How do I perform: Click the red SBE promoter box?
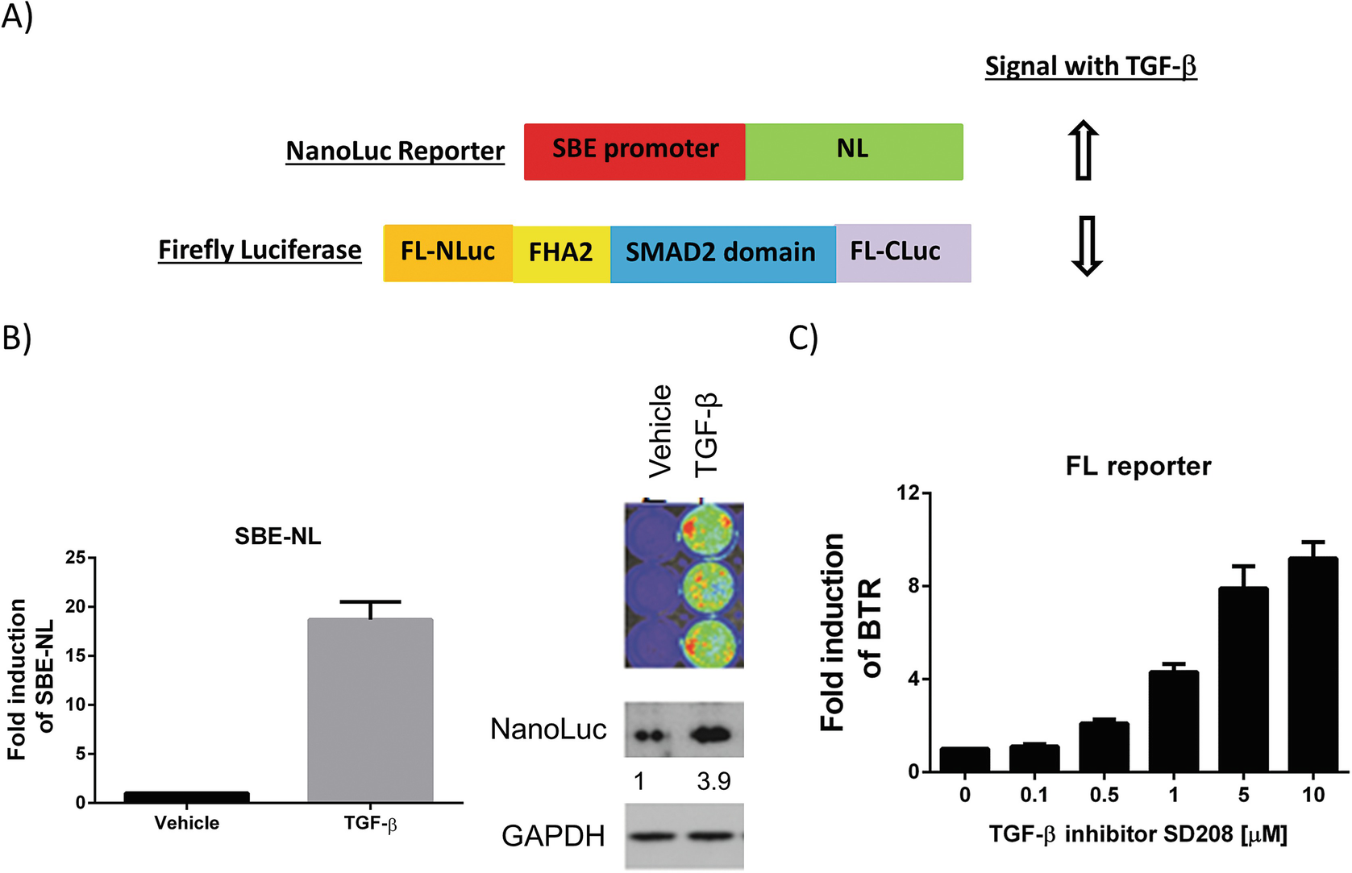click(x=634, y=152)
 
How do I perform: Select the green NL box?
click(x=854, y=152)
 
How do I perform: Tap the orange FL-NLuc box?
click(x=447, y=253)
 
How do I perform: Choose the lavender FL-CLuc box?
click(x=902, y=253)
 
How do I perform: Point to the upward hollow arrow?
click(x=1084, y=151)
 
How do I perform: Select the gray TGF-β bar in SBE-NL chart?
click(x=370, y=709)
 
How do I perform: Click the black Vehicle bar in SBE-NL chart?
click(x=186, y=796)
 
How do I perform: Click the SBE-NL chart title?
click(x=277, y=536)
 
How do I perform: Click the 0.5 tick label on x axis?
click(x=1104, y=796)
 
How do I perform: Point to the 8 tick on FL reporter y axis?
click(x=913, y=585)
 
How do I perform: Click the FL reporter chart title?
click(x=1138, y=466)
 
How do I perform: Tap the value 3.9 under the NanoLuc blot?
click(x=713, y=781)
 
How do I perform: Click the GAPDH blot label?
click(x=553, y=836)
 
